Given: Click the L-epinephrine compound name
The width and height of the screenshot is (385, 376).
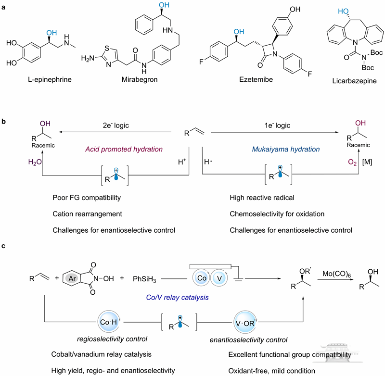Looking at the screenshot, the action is tap(50, 79).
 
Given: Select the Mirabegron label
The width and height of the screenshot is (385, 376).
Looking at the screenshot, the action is tap(140, 79).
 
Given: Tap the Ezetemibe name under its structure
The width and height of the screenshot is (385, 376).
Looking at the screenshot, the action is tap(256, 79).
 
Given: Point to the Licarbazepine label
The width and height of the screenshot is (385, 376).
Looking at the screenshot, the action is tap(354, 81).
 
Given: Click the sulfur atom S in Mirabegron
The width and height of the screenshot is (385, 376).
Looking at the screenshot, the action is tap(107, 48).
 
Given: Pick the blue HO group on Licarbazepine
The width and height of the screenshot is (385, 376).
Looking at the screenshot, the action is tap(343, 11).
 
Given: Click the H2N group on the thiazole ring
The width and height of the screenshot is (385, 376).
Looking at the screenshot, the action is tap(88, 58).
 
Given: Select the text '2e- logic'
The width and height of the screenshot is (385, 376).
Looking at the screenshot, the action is tap(115, 125).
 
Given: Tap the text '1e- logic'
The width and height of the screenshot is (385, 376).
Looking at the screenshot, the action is tap(277, 125).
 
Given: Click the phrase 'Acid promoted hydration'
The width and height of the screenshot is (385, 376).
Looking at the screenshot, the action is tap(124, 149).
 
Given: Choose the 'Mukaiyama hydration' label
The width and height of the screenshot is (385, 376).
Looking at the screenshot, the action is tap(286, 149).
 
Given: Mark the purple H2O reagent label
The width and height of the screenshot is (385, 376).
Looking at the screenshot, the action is tap(35, 162).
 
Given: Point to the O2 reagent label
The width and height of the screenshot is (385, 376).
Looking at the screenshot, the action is tap(352, 163).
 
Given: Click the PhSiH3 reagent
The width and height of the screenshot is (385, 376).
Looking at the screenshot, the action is tap(144, 279).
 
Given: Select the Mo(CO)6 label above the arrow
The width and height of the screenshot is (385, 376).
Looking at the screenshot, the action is tap(336, 274).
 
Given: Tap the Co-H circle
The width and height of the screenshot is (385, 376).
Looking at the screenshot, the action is tap(109, 322).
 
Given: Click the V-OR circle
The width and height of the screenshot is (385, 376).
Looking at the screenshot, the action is tap(244, 323).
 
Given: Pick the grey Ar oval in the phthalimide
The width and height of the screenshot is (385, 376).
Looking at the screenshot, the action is tap(72, 278).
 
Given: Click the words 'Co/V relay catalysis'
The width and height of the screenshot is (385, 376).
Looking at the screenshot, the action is tap(177, 298).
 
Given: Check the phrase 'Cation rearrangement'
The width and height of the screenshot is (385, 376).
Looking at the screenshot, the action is tap(87, 214).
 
